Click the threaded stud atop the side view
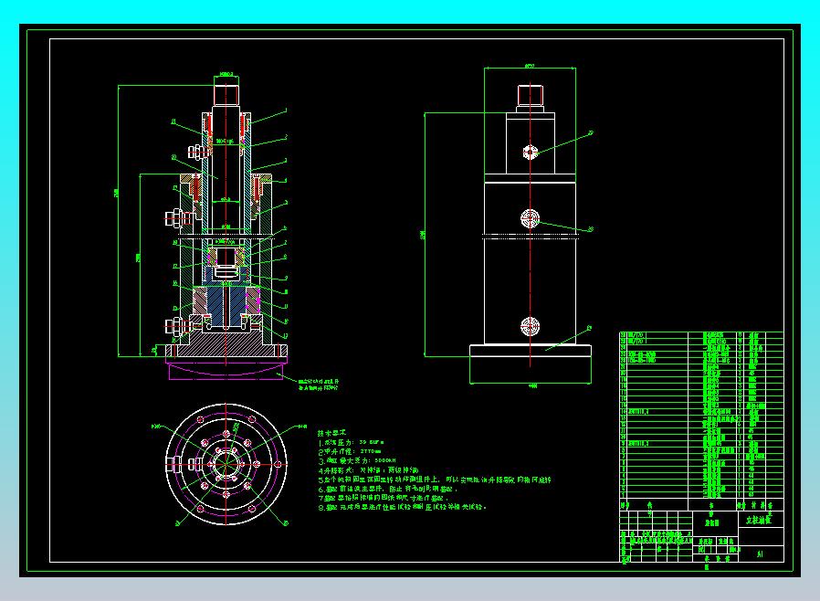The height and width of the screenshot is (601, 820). [530, 95]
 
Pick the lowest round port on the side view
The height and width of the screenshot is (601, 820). [530, 326]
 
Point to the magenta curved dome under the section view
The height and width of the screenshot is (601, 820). [225, 370]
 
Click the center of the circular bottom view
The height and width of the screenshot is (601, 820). [225, 462]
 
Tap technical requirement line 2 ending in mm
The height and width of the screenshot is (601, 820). [352, 451]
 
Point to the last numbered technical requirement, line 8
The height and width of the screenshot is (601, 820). [402, 506]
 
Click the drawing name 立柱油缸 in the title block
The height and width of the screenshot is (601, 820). [751, 518]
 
